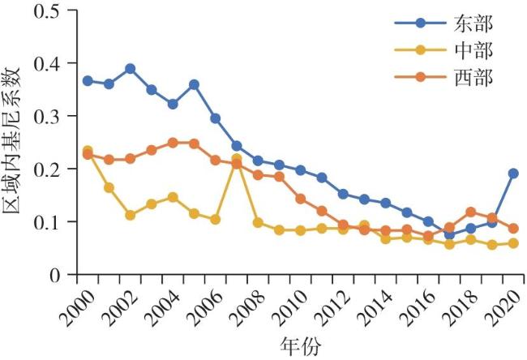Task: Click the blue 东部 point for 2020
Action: (513, 174)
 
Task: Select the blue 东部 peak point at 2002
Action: (131, 69)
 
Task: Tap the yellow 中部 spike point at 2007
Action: (237, 159)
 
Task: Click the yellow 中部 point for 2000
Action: (88, 151)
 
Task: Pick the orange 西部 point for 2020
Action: (513, 229)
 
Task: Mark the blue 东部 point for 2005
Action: (194, 85)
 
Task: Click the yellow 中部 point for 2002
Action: (131, 215)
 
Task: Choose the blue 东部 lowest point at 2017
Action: (449, 235)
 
